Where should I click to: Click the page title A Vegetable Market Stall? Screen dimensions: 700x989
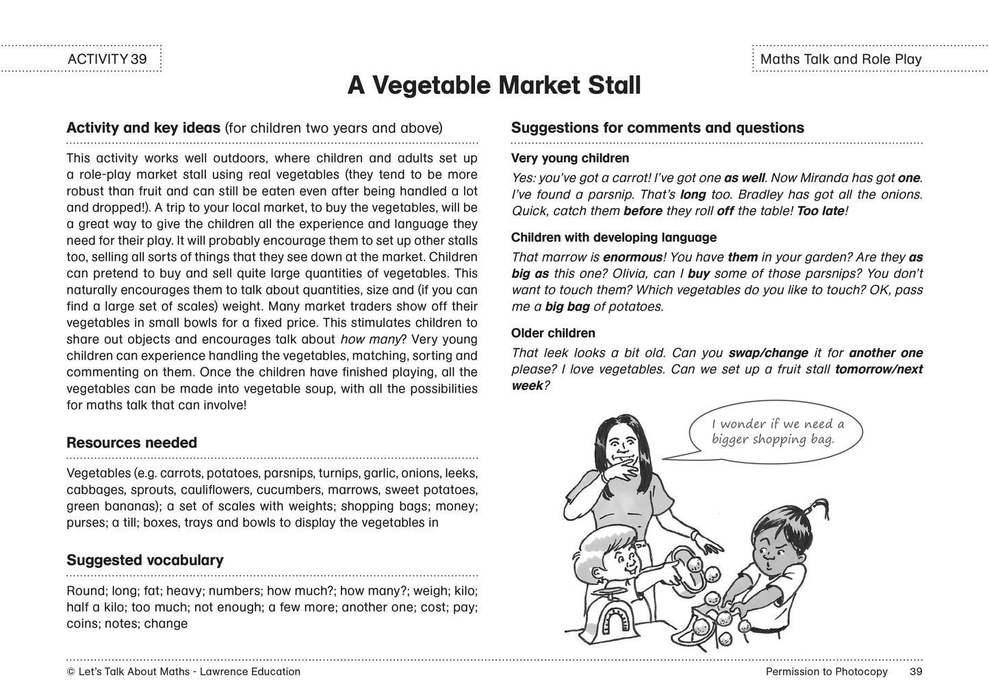pos(493,86)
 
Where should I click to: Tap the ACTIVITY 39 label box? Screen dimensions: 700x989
pos(107,59)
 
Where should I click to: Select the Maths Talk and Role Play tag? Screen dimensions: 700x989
pos(840,59)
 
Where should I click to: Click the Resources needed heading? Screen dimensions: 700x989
pos(131,442)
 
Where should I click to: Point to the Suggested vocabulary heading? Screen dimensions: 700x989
pos(144,560)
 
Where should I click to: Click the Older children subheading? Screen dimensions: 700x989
pos(552,333)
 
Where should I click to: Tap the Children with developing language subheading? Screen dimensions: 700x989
pos(613,238)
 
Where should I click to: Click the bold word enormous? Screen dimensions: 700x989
pos(632,258)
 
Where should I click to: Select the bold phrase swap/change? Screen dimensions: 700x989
pos(768,353)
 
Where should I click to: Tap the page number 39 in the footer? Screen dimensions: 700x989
pos(916,671)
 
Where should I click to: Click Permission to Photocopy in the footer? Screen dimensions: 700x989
pos(826,671)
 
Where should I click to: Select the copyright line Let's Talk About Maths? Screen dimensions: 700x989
pos(183,671)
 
